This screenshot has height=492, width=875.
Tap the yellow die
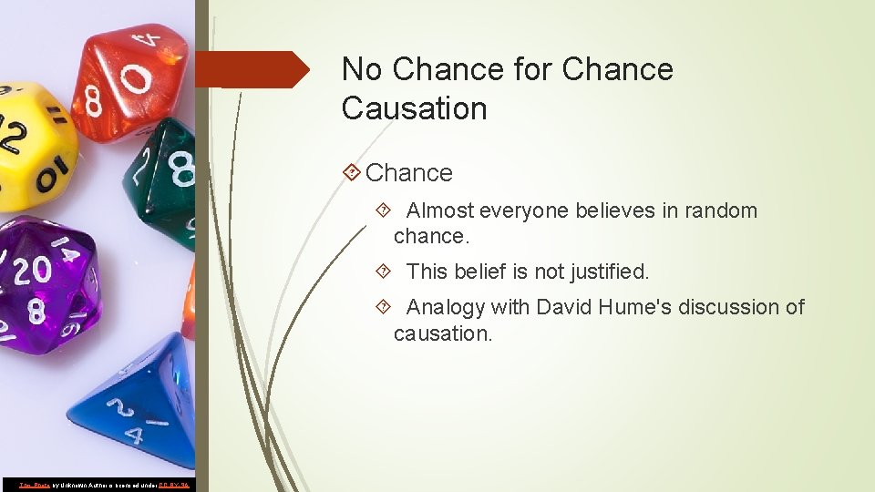32,141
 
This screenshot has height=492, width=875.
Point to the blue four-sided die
137,401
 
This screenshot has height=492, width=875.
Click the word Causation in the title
414,108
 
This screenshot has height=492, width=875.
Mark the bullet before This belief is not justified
384,272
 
